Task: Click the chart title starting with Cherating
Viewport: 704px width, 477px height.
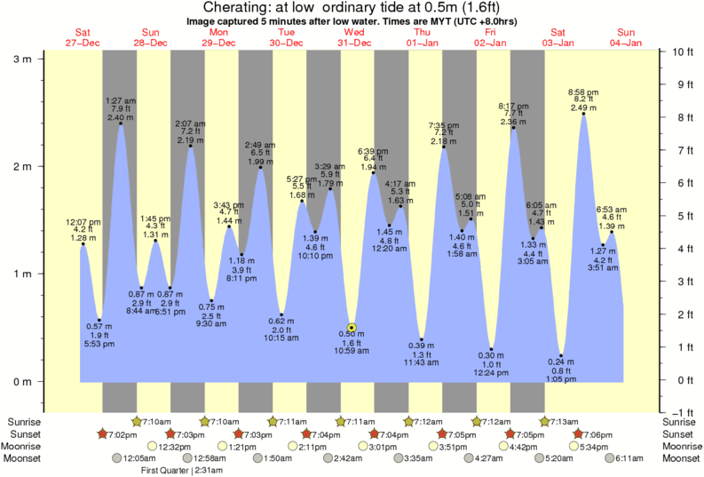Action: [352, 8]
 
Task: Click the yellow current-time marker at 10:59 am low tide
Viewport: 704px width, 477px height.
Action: [352, 328]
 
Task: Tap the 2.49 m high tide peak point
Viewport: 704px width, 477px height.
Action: [583, 114]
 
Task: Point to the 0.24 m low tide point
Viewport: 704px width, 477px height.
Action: [561, 355]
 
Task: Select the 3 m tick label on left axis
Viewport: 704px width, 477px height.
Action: [21, 59]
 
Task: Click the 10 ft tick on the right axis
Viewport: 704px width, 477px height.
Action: [680, 52]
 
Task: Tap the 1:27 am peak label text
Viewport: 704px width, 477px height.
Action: [119, 100]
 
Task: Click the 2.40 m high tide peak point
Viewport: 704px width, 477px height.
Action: [121, 123]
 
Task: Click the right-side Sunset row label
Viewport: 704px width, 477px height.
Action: [680, 433]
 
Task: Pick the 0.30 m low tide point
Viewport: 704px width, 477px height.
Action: [492, 349]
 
